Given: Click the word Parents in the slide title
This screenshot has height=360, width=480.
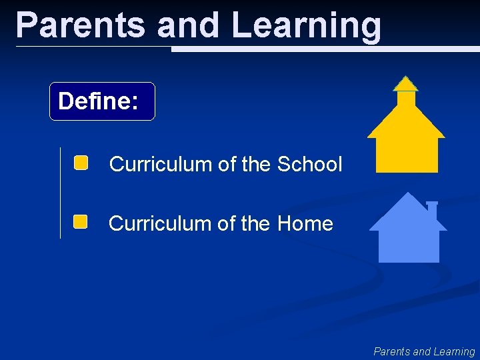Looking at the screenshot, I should click(x=81, y=25).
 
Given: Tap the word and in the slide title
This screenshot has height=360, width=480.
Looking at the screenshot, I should click(x=188, y=25).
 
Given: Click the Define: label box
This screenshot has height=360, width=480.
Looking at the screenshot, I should click(x=102, y=101).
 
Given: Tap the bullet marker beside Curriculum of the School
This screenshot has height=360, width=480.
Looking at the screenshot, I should click(x=81, y=163).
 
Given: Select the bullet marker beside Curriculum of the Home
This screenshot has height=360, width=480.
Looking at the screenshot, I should click(x=81, y=222).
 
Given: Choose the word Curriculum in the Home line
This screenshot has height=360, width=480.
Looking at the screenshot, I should click(x=160, y=223).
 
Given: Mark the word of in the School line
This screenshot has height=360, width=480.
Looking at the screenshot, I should click(x=227, y=164).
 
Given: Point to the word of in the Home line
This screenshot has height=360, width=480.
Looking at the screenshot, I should click(x=226, y=223).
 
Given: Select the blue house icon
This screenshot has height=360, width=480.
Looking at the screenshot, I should click(x=408, y=233).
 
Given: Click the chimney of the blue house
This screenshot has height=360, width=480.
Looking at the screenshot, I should click(x=432, y=210).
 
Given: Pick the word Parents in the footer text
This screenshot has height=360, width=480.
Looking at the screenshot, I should click(x=392, y=351).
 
